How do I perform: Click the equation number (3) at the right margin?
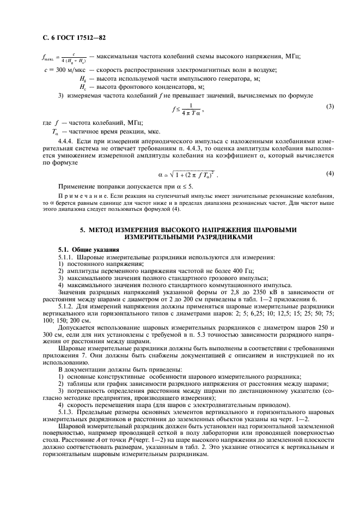330,106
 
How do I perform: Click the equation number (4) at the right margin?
330,173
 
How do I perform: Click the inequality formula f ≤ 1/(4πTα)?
188,108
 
